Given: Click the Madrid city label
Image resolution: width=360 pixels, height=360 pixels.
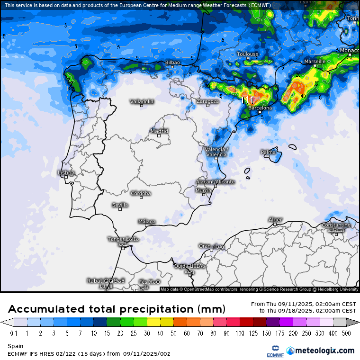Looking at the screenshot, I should point(159,131).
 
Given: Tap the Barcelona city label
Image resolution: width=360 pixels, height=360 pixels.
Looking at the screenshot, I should point(261,108).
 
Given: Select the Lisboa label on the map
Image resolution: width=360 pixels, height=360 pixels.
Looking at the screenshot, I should point(66,173).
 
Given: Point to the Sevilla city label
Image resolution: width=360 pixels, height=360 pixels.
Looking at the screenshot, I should point(120,205).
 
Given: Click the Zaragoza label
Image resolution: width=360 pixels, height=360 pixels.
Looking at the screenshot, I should point(208,101).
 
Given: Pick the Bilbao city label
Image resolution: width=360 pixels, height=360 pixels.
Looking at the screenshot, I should point(172,63).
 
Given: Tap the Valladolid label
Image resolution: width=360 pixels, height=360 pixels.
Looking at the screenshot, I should point(142,101).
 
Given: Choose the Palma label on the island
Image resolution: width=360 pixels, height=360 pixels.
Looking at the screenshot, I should point(268,152).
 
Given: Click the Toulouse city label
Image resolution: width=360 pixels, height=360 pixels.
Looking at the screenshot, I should point(248,54).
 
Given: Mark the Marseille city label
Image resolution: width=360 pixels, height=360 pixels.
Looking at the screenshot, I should point(315,62).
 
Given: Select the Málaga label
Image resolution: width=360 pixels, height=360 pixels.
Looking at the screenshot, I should point(146,221).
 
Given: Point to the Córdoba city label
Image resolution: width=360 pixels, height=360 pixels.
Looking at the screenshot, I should point(141,193).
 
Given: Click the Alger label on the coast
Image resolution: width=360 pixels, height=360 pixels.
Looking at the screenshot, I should point(275,220).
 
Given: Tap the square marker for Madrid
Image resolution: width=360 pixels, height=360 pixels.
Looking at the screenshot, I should point(159,136).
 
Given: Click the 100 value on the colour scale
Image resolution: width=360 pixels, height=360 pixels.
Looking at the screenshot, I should point(241,333).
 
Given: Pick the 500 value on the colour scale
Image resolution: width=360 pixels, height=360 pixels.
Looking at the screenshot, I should point(347,333).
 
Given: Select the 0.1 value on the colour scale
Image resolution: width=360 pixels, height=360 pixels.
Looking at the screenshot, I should point(14,333).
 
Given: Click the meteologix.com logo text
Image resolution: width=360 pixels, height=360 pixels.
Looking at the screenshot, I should point(324,351).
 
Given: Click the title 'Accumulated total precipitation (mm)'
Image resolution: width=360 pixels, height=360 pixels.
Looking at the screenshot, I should point(117,309).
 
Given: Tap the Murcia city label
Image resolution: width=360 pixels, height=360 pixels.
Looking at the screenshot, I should point(203,190).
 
